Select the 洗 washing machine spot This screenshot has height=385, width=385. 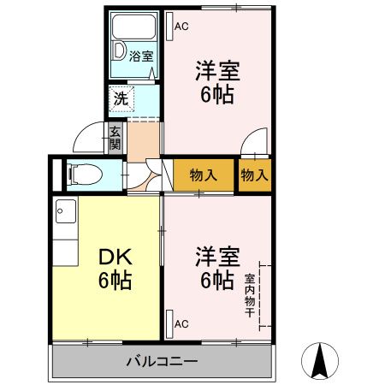(121, 98)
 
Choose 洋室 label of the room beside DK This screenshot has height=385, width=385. (216, 257)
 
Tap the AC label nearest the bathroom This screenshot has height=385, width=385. (181, 26)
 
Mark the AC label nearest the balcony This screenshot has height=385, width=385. (181, 324)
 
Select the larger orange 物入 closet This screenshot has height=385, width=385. (204, 175)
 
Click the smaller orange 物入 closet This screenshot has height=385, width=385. (254, 175)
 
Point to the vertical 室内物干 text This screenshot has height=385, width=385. (249, 296)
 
